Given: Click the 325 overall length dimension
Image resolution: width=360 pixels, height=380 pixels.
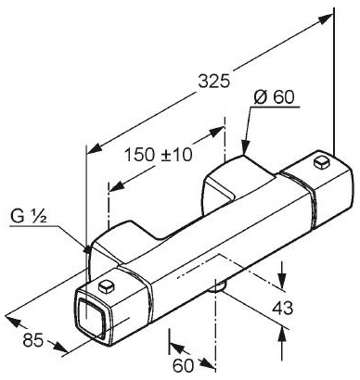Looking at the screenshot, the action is (x=214, y=82).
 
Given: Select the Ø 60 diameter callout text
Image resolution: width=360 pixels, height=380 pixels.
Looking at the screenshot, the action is (x=274, y=97).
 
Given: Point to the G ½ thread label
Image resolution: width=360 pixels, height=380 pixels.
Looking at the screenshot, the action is (x=29, y=216).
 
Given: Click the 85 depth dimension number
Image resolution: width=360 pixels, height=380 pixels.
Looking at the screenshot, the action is (x=32, y=340).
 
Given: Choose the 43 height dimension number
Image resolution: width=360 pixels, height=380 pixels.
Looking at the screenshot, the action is (x=282, y=308).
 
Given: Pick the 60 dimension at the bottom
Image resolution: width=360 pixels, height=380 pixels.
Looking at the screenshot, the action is (x=183, y=366).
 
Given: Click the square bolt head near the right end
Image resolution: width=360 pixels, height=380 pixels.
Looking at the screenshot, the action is (x=322, y=162).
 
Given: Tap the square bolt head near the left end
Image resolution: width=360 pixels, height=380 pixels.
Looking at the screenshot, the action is (x=106, y=286).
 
